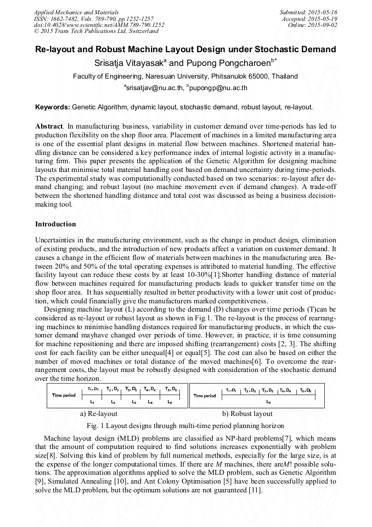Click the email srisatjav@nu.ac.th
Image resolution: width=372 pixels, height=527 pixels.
coord(153,87)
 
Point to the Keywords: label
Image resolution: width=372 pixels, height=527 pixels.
coord(53,107)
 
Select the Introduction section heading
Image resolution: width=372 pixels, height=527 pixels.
coord(55,224)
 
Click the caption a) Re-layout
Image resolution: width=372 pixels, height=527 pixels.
coord(99,413)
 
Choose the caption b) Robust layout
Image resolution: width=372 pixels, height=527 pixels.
coord(247,413)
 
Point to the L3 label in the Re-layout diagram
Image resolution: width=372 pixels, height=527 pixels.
coord(134,402)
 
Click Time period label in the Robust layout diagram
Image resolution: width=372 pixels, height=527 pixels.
coord(205,395)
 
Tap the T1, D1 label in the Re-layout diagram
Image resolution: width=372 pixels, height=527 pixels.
coord(93,389)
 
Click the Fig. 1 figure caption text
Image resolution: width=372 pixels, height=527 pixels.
coord(185,425)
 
